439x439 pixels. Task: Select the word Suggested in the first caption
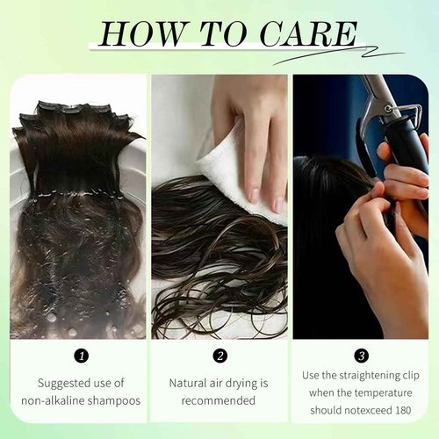61,383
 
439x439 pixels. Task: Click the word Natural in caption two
189,383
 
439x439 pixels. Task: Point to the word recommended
219,400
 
